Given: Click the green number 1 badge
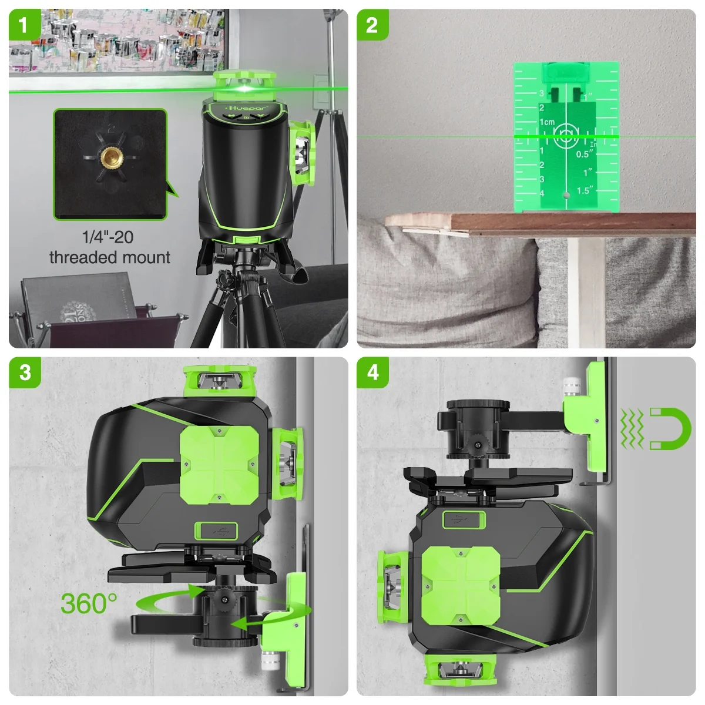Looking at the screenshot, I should (24, 25).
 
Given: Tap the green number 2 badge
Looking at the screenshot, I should (372, 25).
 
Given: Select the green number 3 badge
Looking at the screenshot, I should (24, 373).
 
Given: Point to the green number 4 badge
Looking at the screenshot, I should (372, 373).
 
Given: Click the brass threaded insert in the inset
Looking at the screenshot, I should (110, 159).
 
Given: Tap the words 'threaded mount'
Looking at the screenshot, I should (110, 257).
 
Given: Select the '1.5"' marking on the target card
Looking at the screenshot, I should (583, 190).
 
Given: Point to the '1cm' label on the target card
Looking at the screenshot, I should (547, 122).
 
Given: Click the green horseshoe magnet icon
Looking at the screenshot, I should (669, 429).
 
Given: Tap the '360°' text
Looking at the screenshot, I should (89, 603).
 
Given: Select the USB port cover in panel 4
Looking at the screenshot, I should (462, 519).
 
